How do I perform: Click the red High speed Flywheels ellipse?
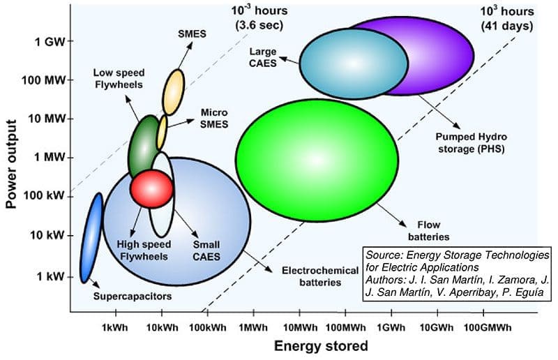151,188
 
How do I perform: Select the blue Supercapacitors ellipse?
91,238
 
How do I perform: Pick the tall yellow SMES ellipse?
173,91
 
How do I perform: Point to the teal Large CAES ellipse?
354,62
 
